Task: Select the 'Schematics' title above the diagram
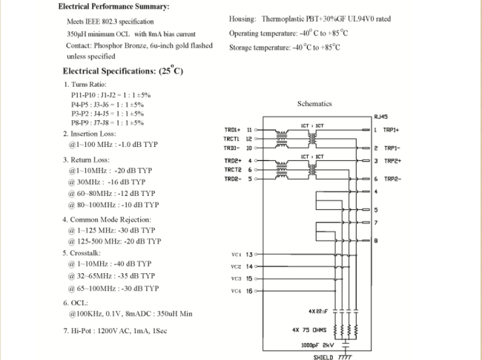(314, 104)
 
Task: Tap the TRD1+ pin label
(233, 129)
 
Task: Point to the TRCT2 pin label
(233, 169)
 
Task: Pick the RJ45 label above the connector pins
(381, 117)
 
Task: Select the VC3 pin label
(236, 278)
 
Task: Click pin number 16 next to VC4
(249, 290)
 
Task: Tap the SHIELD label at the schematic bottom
(323, 356)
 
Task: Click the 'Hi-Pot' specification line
(115, 330)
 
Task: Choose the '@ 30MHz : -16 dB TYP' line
(107, 182)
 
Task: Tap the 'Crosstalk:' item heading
(89, 252)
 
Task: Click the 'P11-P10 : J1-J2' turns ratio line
(111, 95)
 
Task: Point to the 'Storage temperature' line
(285, 48)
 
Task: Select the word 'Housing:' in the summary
(243, 19)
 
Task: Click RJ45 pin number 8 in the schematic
(376, 240)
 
